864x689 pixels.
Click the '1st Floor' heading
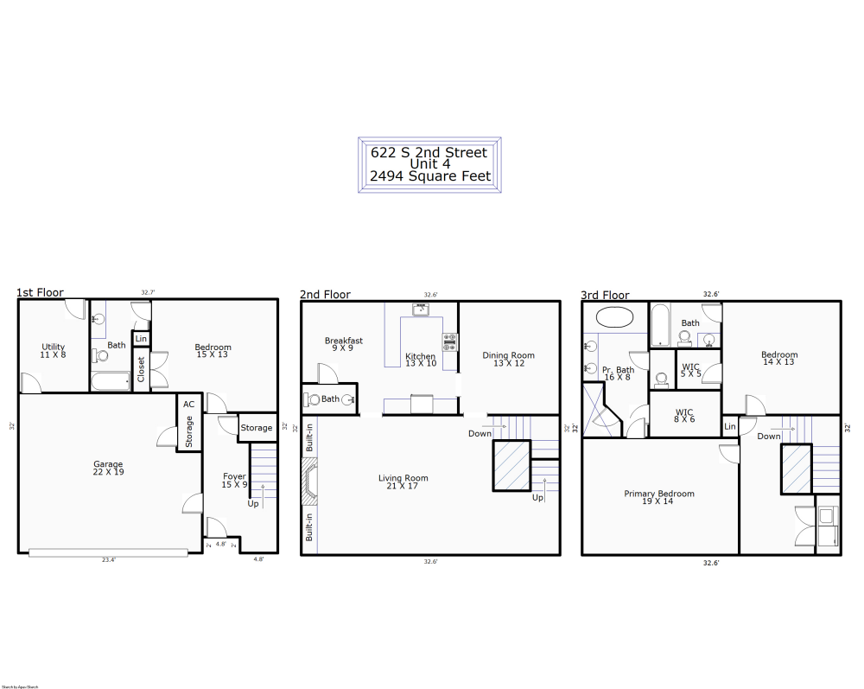[x=40, y=293]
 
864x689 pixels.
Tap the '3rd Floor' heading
[x=605, y=295]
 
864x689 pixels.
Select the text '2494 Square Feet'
[x=429, y=175]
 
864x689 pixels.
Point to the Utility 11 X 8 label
[x=53, y=351]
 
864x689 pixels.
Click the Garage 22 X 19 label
[x=108, y=469]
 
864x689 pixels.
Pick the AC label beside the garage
[x=187, y=404]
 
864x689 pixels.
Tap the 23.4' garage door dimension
[x=108, y=560]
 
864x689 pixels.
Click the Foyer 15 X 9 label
[x=234, y=481]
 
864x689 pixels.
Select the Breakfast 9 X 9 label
[x=344, y=344]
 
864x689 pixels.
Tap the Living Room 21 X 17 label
[x=403, y=482]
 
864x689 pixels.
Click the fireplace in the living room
[x=309, y=482]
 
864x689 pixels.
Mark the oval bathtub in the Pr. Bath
[x=614, y=316]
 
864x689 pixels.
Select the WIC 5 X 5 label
[x=690, y=370]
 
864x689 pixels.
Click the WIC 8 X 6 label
[x=684, y=416]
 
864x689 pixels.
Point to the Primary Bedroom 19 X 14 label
[x=659, y=497]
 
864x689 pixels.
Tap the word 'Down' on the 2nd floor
[x=480, y=433]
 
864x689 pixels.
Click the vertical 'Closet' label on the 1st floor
[x=141, y=369]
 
